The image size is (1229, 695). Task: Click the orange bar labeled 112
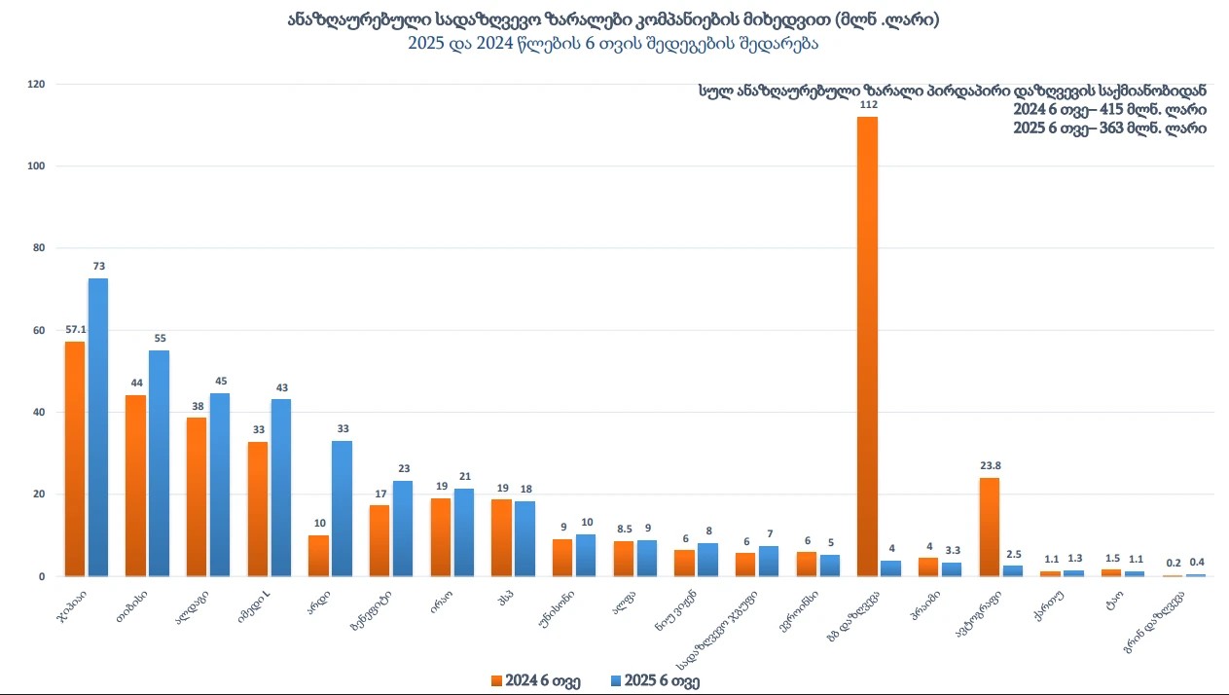pyautogui.click(x=867, y=346)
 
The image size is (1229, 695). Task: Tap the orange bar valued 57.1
pyautogui.click(x=75, y=458)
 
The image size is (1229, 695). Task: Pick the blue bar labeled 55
pyautogui.click(x=160, y=463)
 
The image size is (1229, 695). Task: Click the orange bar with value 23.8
pyautogui.click(x=989, y=527)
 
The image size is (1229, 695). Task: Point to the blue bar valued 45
pyautogui.click(x=220, y=484)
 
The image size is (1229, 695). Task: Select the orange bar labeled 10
pyautogui.click(x=318, y=555)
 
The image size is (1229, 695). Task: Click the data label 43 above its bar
pyautogui.click(x=281, y=388)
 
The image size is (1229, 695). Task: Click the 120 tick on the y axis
pyautogui.click(x=37, y=85)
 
